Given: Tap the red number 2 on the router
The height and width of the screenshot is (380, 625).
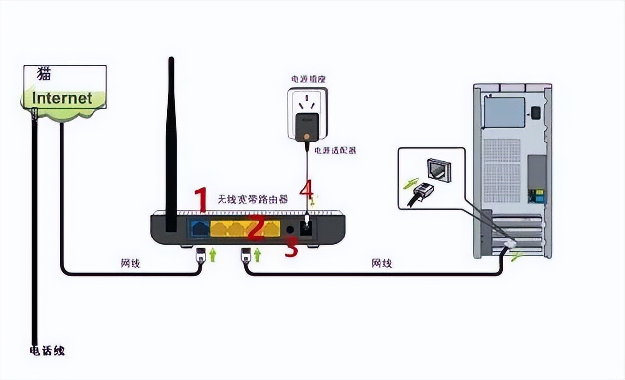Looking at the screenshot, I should (x=256, y=229).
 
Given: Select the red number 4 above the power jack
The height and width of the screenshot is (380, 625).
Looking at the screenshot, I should (x=306, y=190).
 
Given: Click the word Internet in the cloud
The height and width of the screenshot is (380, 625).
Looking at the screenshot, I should (x=62, y=98).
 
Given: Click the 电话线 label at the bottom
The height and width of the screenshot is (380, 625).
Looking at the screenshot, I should (x=47, y=351).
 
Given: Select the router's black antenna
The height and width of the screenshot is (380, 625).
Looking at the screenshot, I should (x=171, y=143).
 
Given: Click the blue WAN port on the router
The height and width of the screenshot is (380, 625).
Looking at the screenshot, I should (x=199, y=228).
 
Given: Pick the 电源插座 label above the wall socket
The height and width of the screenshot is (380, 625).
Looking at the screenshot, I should (x=308, y=79).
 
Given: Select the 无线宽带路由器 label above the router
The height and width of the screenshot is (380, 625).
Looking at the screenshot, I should (x=253, y=199).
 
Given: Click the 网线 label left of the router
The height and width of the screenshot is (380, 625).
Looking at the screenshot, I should (x=131, y=263).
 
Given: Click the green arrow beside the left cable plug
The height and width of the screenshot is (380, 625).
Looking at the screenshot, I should (x=213, y=255).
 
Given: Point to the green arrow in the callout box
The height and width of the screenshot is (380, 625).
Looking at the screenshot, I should (x=411, y=183).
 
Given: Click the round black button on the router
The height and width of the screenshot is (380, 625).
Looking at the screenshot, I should (x=291, y=230).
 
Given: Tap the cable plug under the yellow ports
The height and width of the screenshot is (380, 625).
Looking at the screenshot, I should (x=245, y=256).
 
